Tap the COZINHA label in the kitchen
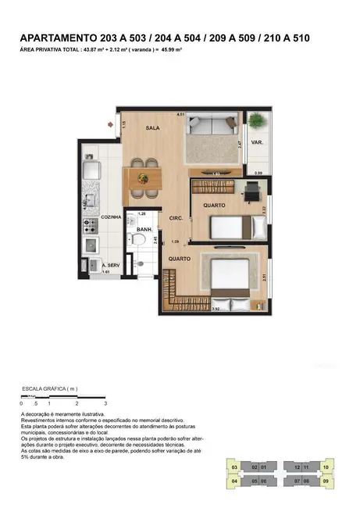[x=112, y=217]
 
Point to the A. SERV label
[x=110, y=266]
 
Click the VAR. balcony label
[x=256, y=143]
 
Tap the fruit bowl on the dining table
[x=142, y=177]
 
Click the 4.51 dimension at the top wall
[x=180, y=114]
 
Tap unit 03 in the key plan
[x=234, y=467]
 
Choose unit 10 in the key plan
[x=326, y=467]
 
